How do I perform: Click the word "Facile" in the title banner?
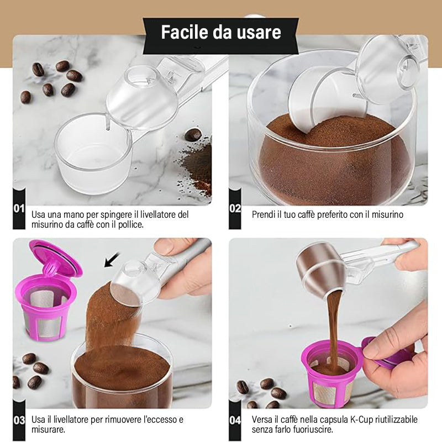[185, 32]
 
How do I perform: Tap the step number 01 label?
[19, 209]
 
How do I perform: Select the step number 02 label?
[235, 209]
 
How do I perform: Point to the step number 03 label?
[19, 420]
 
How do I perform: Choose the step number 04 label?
[235, 420]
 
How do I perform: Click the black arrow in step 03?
[112, 260]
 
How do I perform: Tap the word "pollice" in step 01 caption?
[130, 225]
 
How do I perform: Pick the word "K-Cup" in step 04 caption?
[361, 419]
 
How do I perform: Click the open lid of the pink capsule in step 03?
[56, 258]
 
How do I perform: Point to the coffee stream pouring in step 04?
[334, 330]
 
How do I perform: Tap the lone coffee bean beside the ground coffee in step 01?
[193, 135]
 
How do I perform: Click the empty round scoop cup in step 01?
[93, 154]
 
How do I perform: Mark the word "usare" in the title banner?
[259, 32]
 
